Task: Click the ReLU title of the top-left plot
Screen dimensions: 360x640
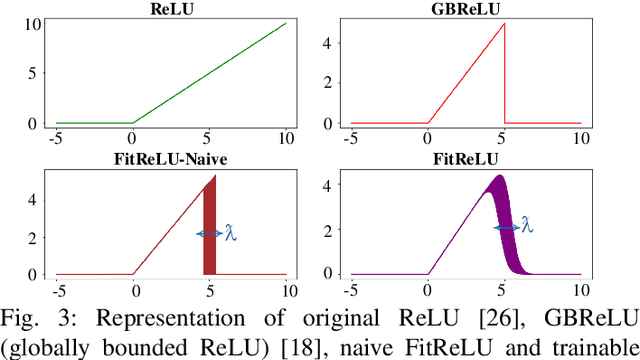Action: click(x=171, y=8)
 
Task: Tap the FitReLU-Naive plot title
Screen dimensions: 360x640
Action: click(x=171, y=159)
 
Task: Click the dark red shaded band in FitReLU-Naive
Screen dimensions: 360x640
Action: click(x=210, y=230)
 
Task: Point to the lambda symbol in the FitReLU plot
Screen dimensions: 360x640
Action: click(x=527, y=227)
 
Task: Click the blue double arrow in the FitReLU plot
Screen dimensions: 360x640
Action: click(x=506, y=228)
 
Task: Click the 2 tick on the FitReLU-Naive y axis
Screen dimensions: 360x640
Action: click(x=33, y=237)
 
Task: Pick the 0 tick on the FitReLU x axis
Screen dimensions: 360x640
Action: click(x=428, y=292)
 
